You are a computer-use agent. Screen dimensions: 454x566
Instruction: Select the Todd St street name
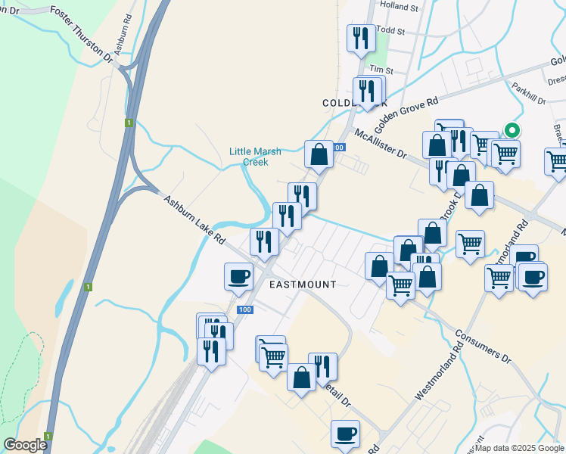click(x=391, y=32)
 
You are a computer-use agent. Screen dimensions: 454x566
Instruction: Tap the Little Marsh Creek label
click(x=255, y=156)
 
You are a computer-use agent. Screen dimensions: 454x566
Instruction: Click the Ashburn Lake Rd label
click(x=194, y=219)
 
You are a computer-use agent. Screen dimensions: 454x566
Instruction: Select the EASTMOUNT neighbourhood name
click(x=303, y=284)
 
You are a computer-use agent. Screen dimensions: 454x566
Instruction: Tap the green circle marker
click(x=512, y=130)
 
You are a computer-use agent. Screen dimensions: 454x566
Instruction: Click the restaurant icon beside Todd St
click(x=361, y=38)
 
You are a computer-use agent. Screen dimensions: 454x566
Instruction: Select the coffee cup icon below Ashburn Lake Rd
click(x=239, y=276)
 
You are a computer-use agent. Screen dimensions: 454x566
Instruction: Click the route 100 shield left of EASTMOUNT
click(x=244, y=309)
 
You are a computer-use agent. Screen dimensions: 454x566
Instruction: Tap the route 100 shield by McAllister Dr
click(x=337, y=148)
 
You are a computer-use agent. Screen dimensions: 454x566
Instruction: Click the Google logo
click(x=25, y=445)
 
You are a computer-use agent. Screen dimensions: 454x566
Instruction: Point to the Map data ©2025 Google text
click(x=518, y=448)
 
